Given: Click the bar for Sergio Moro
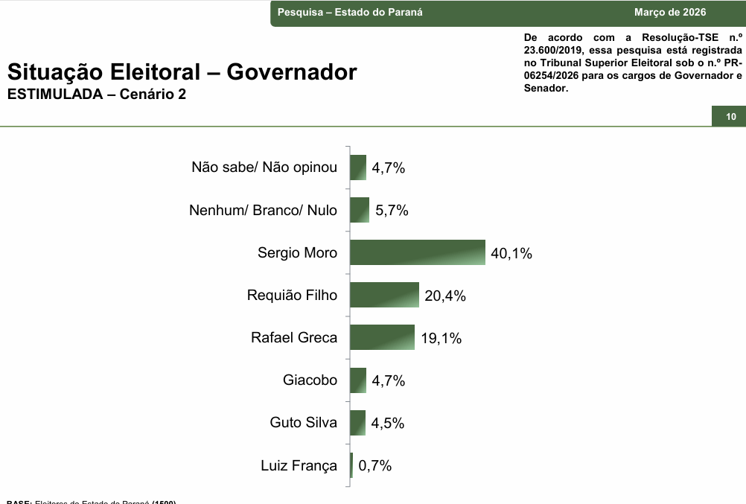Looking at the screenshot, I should [417, 252].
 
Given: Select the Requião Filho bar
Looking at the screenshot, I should [384, 295].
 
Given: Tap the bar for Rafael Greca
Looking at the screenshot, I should [382, 337].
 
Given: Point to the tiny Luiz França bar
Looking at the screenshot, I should [351, 465].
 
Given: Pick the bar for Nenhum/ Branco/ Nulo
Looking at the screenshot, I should [360, 210].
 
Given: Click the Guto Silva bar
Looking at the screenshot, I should [358, 422].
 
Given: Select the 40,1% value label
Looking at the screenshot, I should [511, 254].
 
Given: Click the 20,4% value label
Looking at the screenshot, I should [445, 296].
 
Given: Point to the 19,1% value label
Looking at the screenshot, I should [441, 339].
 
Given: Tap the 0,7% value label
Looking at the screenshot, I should [375, 466].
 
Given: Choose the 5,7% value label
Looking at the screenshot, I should [392, 211].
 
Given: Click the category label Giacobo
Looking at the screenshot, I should [310, 380].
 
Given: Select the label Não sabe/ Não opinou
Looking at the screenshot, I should [264, 168].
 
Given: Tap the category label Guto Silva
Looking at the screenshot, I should [303, 423].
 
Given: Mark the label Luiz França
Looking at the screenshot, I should [299, 466].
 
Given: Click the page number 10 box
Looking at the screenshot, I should [730, 117].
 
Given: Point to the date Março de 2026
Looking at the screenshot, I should [670, 13].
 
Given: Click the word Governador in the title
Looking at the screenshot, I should [292, 72].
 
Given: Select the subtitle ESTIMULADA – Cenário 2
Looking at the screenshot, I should [97, 95].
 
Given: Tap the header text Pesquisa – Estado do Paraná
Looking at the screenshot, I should [350, 13].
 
